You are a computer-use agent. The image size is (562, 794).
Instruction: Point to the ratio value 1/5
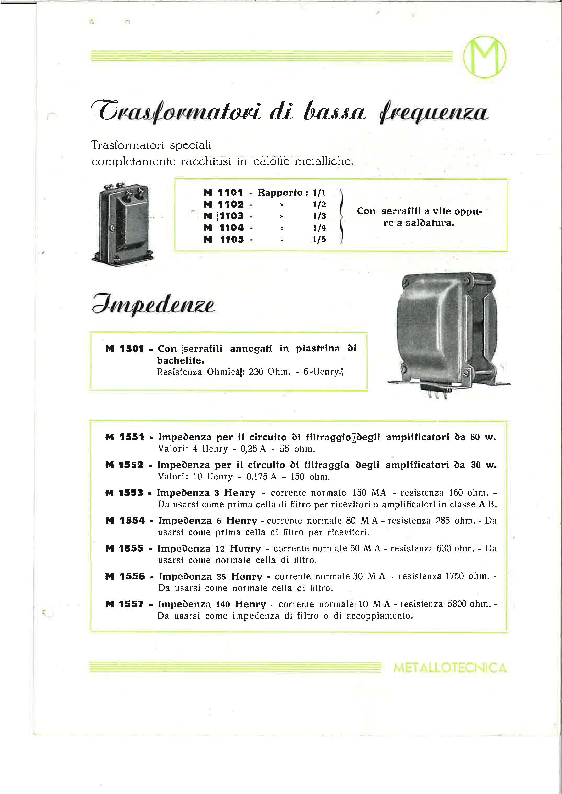pos(319,239)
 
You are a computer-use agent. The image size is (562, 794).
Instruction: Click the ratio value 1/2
pos(319,204)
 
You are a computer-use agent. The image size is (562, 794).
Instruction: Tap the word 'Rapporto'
pos(280,192)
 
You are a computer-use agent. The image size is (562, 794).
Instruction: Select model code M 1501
pos(124,349)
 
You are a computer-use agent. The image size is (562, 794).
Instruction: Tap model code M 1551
pos(125,437)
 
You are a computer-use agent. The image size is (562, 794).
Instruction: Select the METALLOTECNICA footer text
pos(449,668)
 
